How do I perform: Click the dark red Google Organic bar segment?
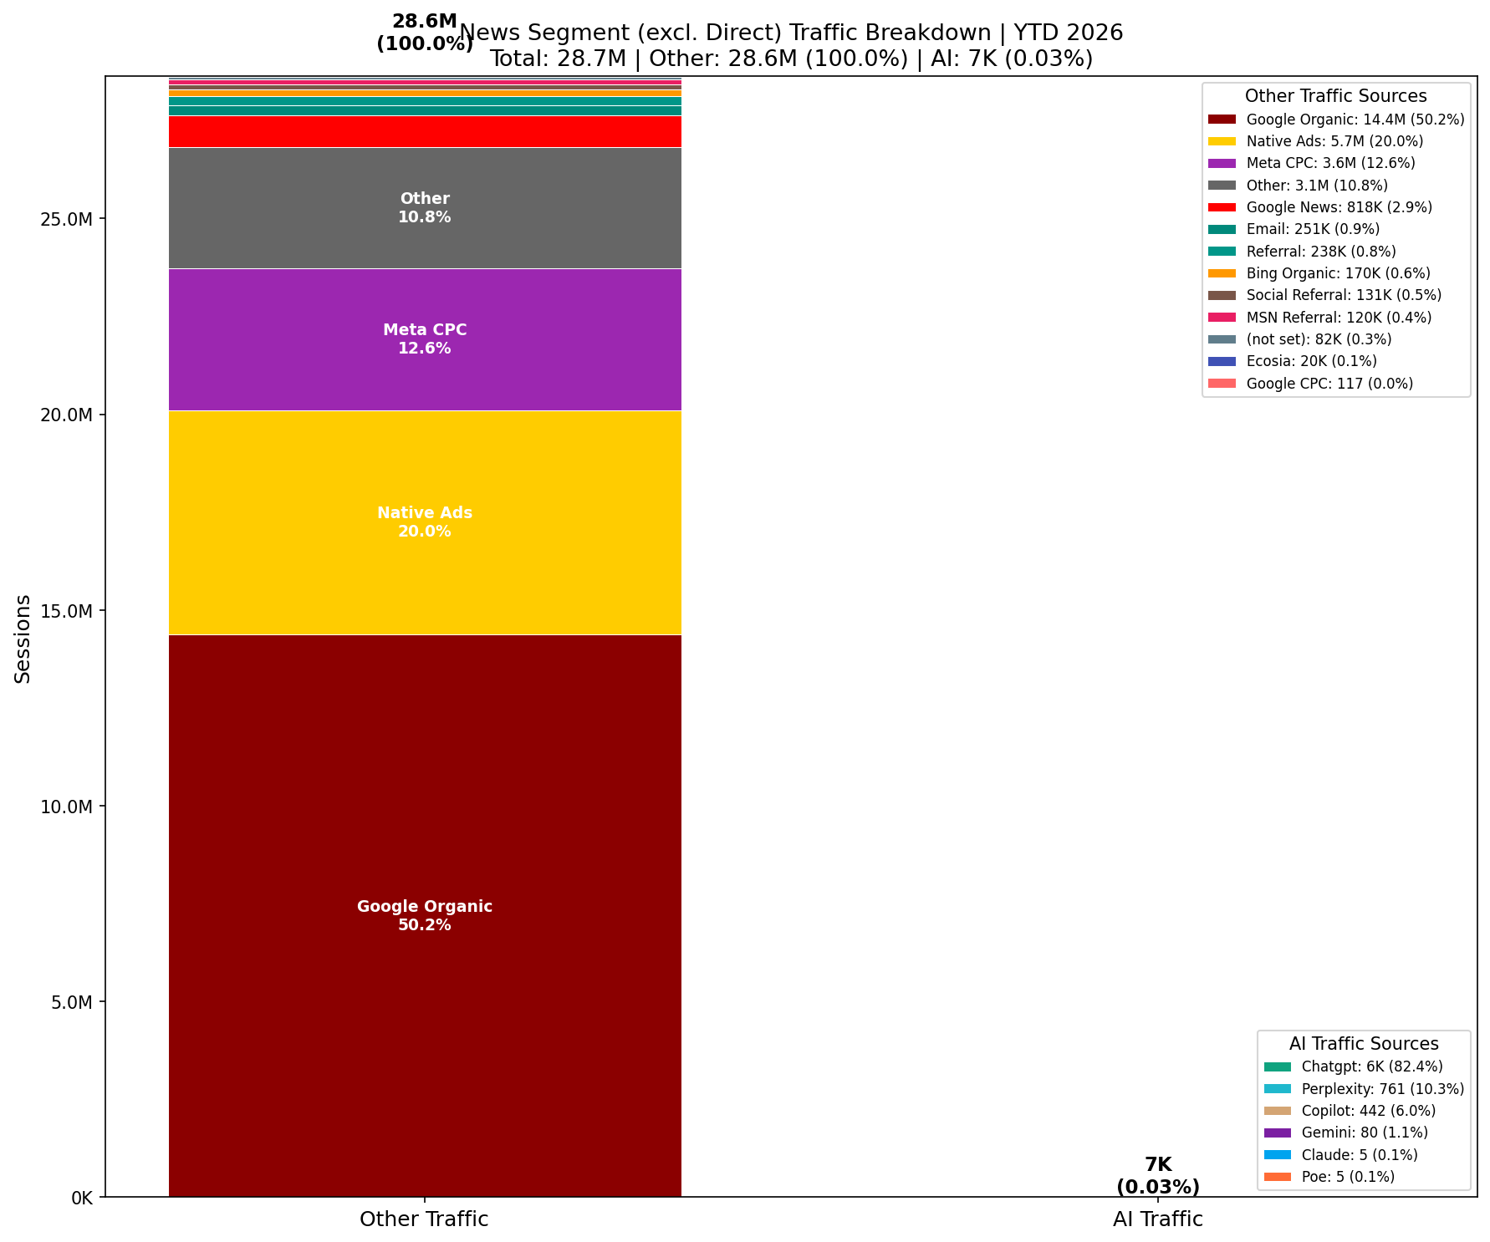425,836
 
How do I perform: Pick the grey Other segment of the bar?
425,242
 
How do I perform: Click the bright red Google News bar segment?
425,131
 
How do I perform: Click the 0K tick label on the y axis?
81,1198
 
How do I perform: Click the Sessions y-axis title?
23,639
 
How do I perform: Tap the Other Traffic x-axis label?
424,1219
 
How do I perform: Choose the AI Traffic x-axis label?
1157,1219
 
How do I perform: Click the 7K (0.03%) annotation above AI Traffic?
1158,1175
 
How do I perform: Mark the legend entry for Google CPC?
1329,384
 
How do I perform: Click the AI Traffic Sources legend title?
1364,1044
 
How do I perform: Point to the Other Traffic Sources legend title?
1335,96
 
